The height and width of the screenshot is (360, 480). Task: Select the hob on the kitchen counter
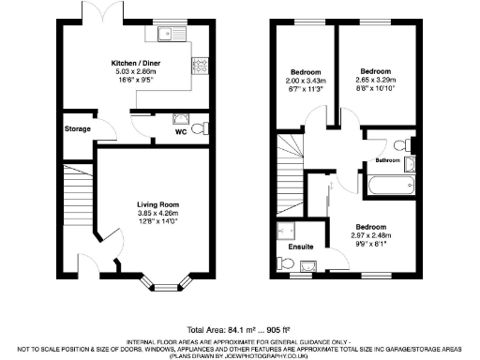pyautogui.click(x=200, y=65)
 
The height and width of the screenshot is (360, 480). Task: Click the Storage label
pyautogui.click(x=78, y=128)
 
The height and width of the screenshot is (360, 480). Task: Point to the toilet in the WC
pyautogui.click(x=181, y=119)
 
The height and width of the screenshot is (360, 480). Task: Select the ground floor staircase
pyautogui.click(x=78, y=197)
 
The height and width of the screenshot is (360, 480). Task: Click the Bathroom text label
pyautogui.click(x=388, y=160)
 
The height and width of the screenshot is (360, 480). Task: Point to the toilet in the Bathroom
pyautogui.click(x=401, y=144)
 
